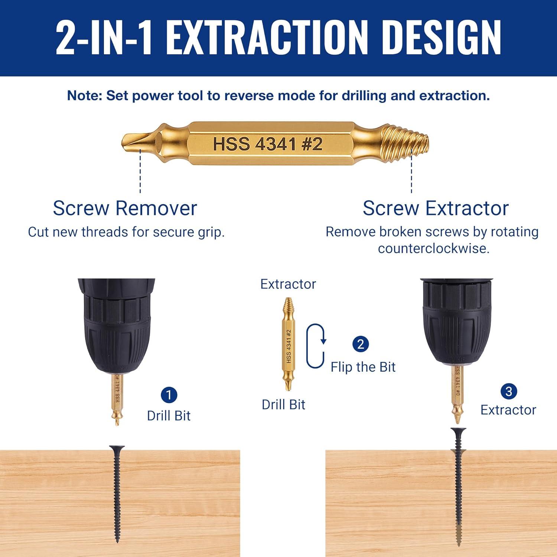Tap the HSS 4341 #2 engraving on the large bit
click(x=267, y=144)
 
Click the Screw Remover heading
click(x=125, y=208)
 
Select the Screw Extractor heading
click(x=435, y=208)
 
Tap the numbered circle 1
click(x=169, y=395)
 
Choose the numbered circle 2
click(x=360, y=344)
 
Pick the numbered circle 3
click(x=508, y=391)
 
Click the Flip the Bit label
click(x=363, y=367)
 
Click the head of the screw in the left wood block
click(x=117, y=449)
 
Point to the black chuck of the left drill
click(x=116, y=327)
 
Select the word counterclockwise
click(x=433, y=248)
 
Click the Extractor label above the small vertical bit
click(x=288, y=284)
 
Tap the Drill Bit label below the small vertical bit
click(x=283, y=404)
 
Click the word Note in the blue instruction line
click(x=84, y=95)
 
